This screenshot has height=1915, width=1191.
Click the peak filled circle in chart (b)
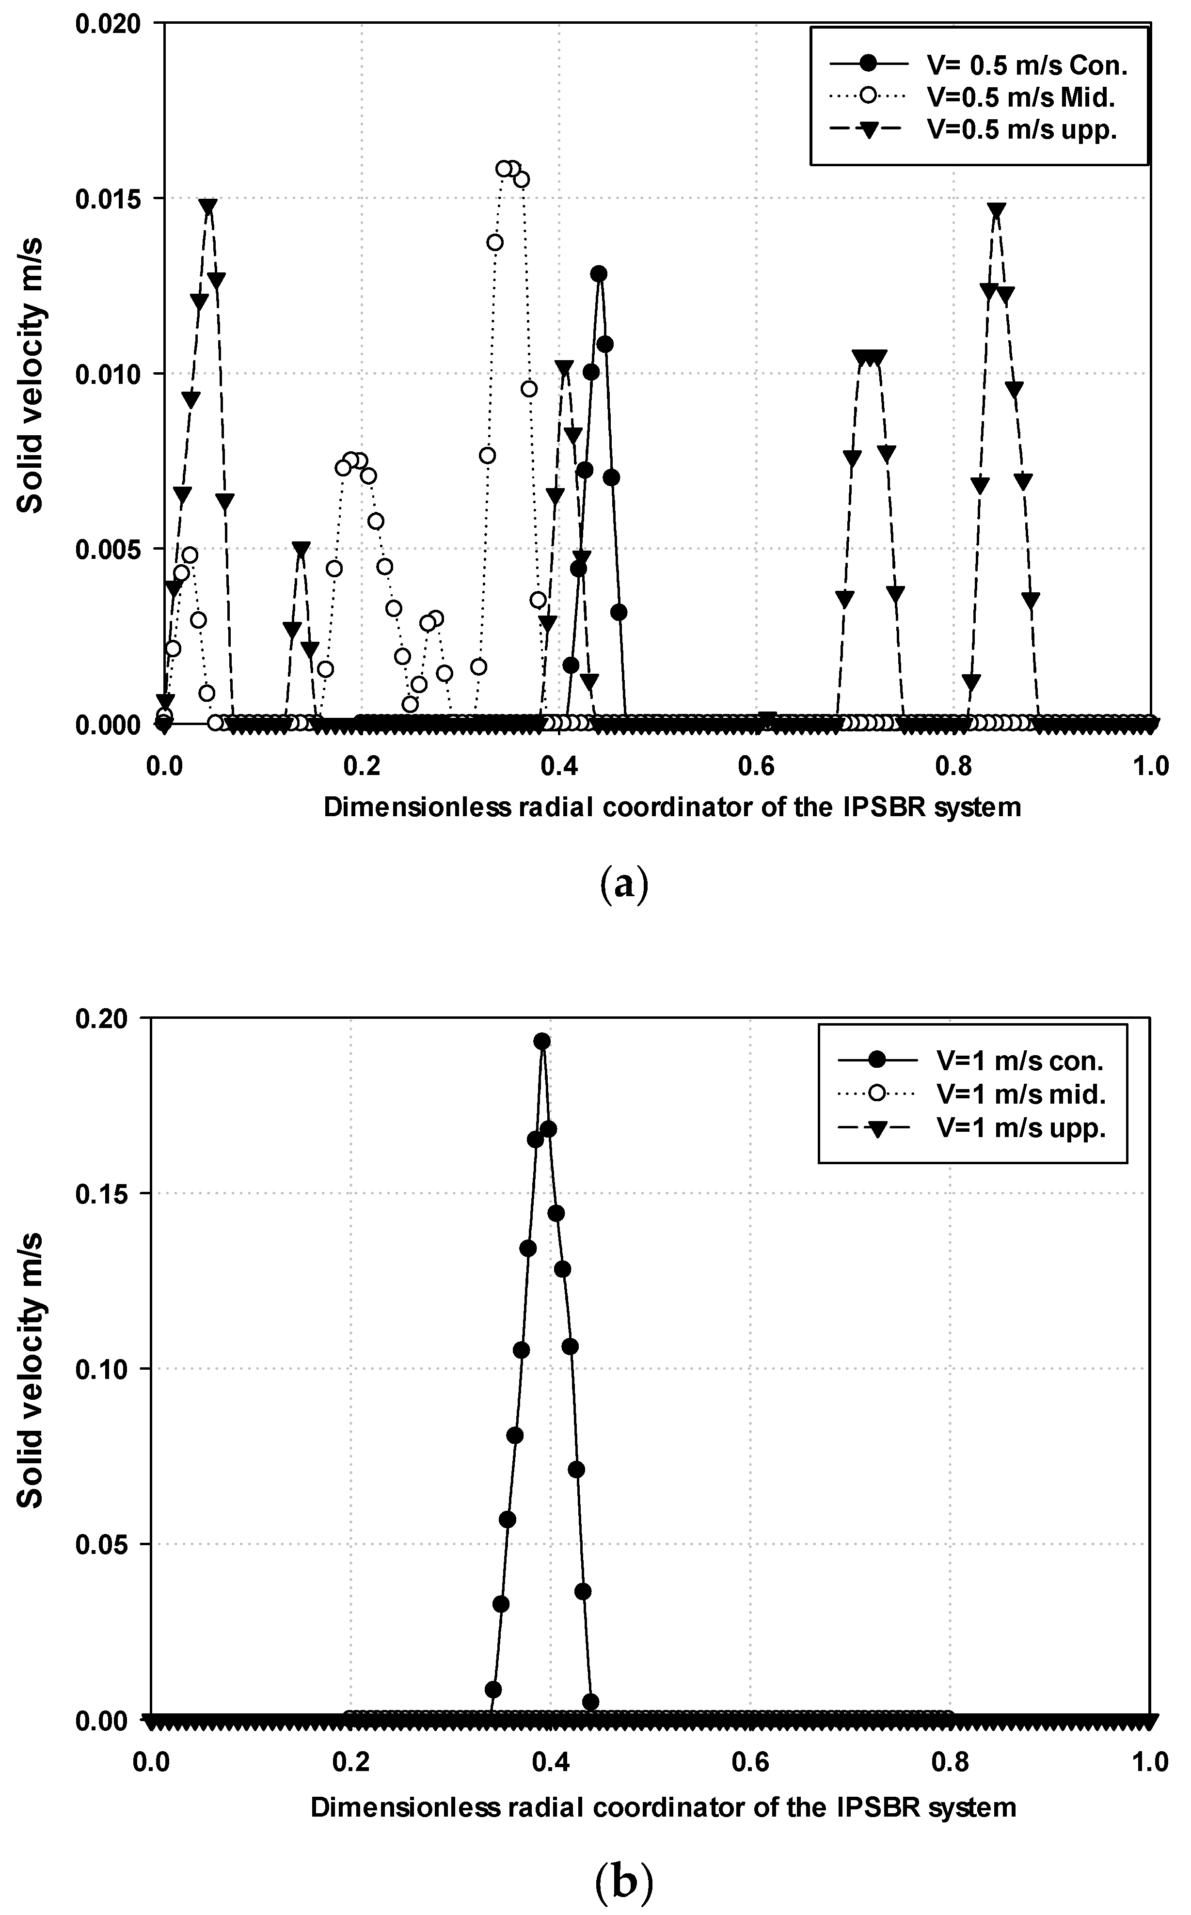pyautogui.click(x=542, y=1042)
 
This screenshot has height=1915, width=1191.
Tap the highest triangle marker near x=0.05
pyautogui.click(x=208, y=207)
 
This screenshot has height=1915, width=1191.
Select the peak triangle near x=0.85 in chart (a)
pyautogui.click(x=997, y=211)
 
